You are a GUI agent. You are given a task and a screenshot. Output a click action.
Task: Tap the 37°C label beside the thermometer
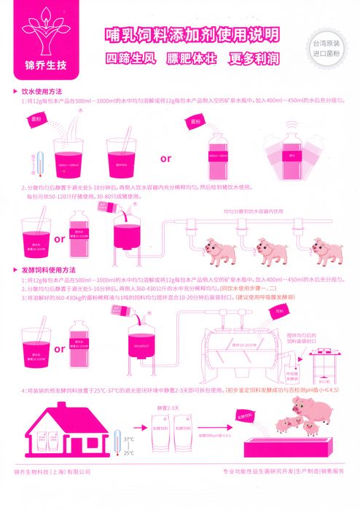pyautogui.click(x=128, y=439)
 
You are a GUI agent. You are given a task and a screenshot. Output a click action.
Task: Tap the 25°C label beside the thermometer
pyautogui.click(x=128, y=452)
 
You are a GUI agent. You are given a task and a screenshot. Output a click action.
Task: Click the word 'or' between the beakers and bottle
pyautogui.click(x=165, y=157)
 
